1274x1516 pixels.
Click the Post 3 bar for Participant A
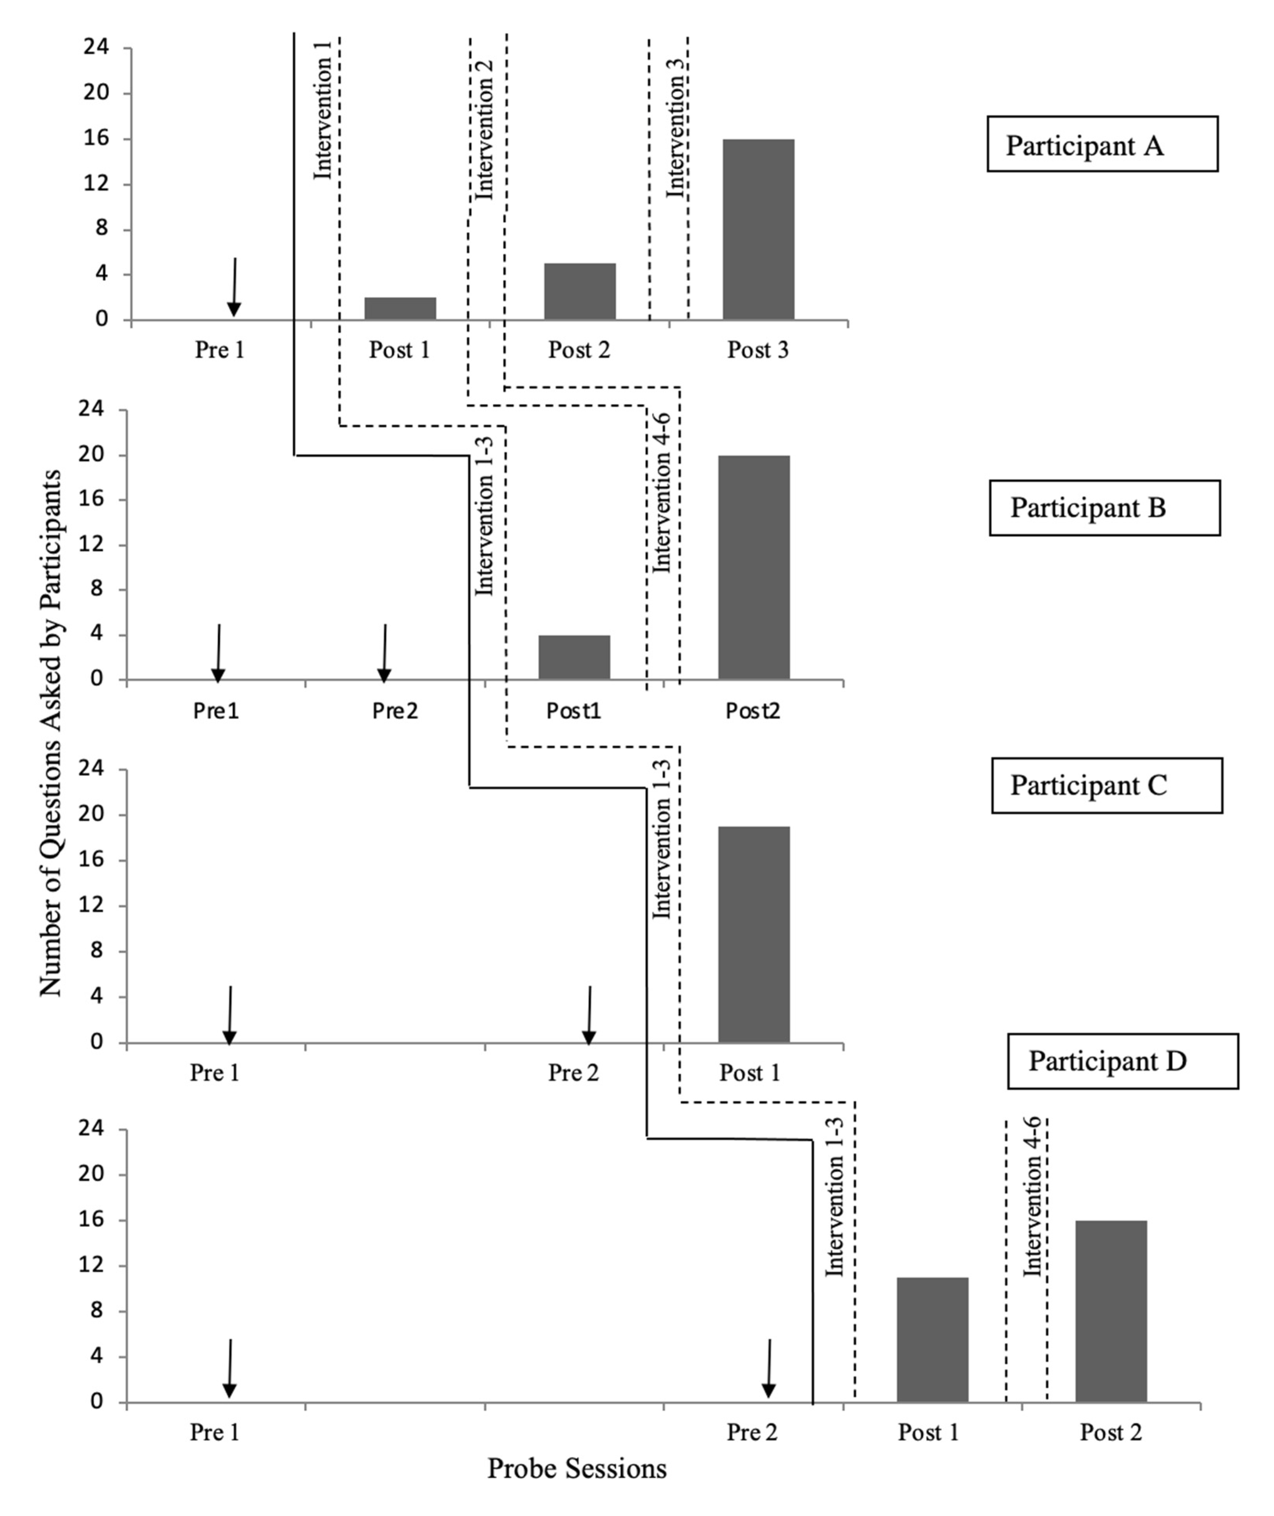click(x=758, y=229)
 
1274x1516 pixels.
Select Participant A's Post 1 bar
click(x=400, y=308)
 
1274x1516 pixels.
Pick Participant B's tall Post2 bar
click(x=753, y=567)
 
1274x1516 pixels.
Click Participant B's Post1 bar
click(x=574, y=657)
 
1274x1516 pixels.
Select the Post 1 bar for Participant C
click(x=753, y=934)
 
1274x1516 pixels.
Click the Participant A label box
click(x=1102, y=144)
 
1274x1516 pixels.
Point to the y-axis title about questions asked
click(x=51, y=733)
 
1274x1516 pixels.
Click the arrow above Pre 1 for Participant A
click(x=233, y=287)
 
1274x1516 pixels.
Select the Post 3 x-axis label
click(x=758, y=350)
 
